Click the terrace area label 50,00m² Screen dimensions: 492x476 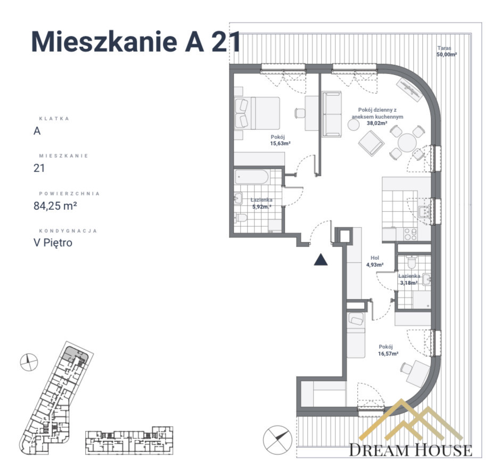click(447, 54)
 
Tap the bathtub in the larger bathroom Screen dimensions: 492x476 click(252, 177)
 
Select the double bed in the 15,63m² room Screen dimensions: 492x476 click(257, 113)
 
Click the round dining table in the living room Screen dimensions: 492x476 click(407, 143)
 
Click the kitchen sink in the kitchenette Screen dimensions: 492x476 click(424, 212)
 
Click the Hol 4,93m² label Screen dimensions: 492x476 click(375, 261)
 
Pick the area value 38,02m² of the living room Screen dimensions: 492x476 click(377, 124)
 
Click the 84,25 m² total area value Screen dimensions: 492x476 click(55, 206)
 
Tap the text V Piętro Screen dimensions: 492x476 click(53, 243)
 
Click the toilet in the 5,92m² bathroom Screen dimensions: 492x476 click(241, 217)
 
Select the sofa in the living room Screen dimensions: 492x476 click(332, 114)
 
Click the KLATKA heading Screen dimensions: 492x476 click(54, 119)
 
